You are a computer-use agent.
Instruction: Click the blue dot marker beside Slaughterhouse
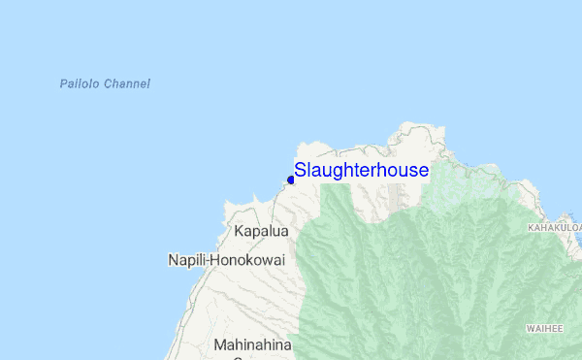tap(290, 180)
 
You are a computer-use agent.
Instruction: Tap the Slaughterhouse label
tap(361, 171)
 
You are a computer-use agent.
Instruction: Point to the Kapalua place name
tap(262, 232)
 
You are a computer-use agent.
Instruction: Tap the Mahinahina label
tap(254, 344)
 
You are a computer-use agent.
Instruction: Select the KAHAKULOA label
tap(554, 228)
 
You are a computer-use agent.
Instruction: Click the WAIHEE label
tap(544, 329)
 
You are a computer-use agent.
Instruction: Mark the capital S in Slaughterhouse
tap(301, 171)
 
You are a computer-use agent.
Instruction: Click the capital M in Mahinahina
tap(219, 344)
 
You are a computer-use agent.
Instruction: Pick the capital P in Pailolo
tap(62, 84)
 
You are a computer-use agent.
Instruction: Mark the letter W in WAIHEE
tap(530, 329)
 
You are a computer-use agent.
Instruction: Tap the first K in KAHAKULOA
tap(531, 228)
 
